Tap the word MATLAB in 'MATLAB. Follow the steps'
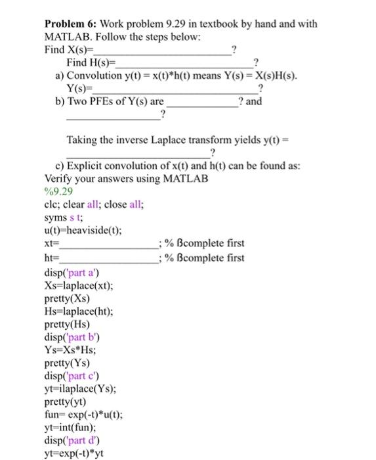66,37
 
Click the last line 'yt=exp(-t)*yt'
73,453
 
